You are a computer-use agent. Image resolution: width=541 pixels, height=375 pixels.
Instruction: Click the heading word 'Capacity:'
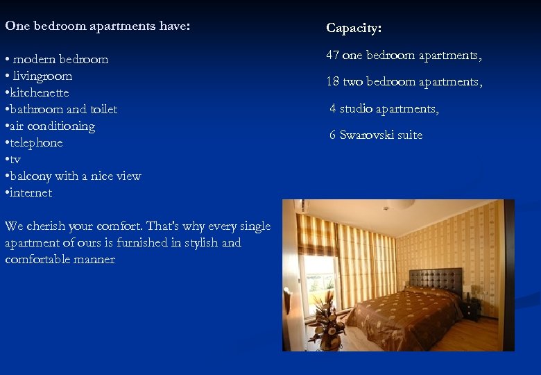click(x=354, y=28)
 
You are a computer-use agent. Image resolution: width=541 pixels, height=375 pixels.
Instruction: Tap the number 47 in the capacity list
click(x=333, y=56)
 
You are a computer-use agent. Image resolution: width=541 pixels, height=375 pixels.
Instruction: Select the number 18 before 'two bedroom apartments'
click(x=333, y=82)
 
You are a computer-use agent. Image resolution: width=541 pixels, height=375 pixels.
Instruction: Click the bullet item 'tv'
click(x=15, y=159)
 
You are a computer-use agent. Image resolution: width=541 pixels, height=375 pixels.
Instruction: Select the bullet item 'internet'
click(x=31, y=192)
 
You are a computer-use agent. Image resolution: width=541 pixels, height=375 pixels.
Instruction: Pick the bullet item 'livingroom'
click(x=42, y=76)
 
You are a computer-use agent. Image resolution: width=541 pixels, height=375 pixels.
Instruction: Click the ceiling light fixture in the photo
click(x=400, y=204)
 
